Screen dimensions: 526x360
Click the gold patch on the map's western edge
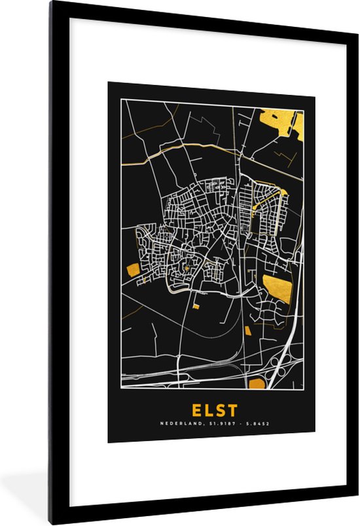point(133,269)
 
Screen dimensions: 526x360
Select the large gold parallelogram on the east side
point(278,289)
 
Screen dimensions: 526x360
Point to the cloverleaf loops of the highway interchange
point(280,371)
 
